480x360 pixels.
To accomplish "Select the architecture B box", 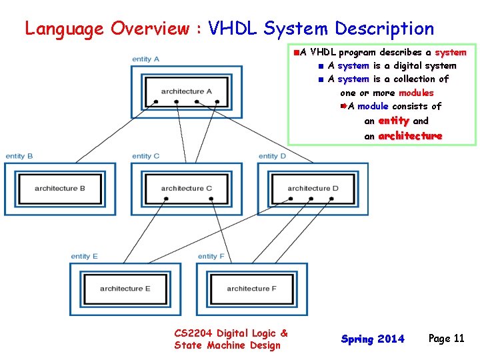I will point(60,189).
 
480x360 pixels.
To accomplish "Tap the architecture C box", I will point(186,189).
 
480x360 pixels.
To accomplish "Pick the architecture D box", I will point(313,189).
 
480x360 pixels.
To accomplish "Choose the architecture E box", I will point(125,289).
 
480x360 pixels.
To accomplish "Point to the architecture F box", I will point(251,289).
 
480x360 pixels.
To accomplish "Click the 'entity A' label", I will point(145,59).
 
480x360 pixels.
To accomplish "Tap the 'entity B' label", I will point(19,156).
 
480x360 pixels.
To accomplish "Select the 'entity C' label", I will point(145,156).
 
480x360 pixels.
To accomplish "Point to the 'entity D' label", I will point(272,156).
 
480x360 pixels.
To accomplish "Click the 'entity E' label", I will point(85,256).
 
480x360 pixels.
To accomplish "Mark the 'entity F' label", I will point(211,256).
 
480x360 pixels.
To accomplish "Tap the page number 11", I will point(458,339).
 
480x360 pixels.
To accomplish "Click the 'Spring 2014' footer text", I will point(372,339).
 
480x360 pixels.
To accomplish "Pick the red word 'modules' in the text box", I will point(416,93).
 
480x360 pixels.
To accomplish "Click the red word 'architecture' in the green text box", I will point(410,136).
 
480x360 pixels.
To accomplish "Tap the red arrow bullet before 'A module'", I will point(343,106).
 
